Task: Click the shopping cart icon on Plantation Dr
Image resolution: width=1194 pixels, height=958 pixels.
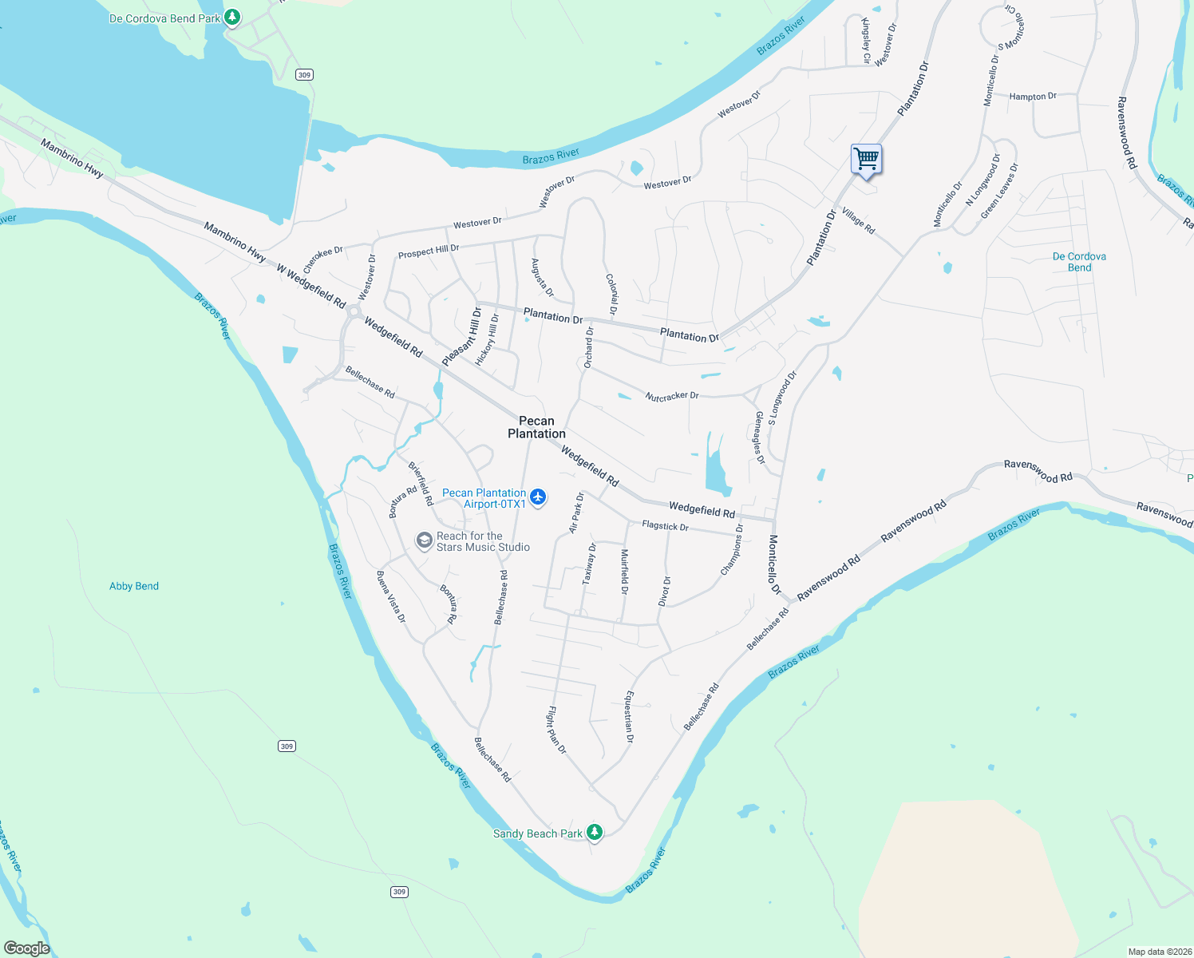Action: click(x=866, y=159)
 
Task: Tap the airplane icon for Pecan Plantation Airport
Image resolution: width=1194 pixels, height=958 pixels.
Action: click(x=538, y=498)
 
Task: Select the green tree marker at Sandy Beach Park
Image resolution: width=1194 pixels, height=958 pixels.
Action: click(x=594, y=833)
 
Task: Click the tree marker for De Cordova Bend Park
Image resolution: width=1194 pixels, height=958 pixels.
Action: click(x=232, y=17)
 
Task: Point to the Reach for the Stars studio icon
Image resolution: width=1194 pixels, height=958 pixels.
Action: click(x=424, y=541)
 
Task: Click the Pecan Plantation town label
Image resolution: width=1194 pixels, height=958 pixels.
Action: click(x=536, y=427)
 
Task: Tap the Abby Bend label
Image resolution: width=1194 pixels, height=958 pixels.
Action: click(x=134, y=586)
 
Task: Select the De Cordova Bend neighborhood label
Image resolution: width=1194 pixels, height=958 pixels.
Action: click(x=1079, y=262)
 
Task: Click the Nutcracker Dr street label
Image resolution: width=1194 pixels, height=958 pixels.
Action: click(x=672, y=396)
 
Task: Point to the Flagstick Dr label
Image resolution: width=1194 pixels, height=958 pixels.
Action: click(x=665, y=526)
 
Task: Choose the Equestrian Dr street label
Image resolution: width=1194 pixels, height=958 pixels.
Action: click(x=629, y=717)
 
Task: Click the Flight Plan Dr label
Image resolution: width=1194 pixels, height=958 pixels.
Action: click(x=556, y=730)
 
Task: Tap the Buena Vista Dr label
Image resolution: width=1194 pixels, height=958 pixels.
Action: click(x=391, y=597)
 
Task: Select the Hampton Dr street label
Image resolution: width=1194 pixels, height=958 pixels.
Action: click(x=1033, y=97)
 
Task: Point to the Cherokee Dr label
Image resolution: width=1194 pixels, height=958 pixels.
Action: click(x=322, y=259)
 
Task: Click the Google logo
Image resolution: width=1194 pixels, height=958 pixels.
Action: click(x=27, y=948)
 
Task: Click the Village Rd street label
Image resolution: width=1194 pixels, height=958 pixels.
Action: click(x=858, y=221)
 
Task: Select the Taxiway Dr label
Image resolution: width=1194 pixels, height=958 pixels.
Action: click(x=589, y=564)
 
